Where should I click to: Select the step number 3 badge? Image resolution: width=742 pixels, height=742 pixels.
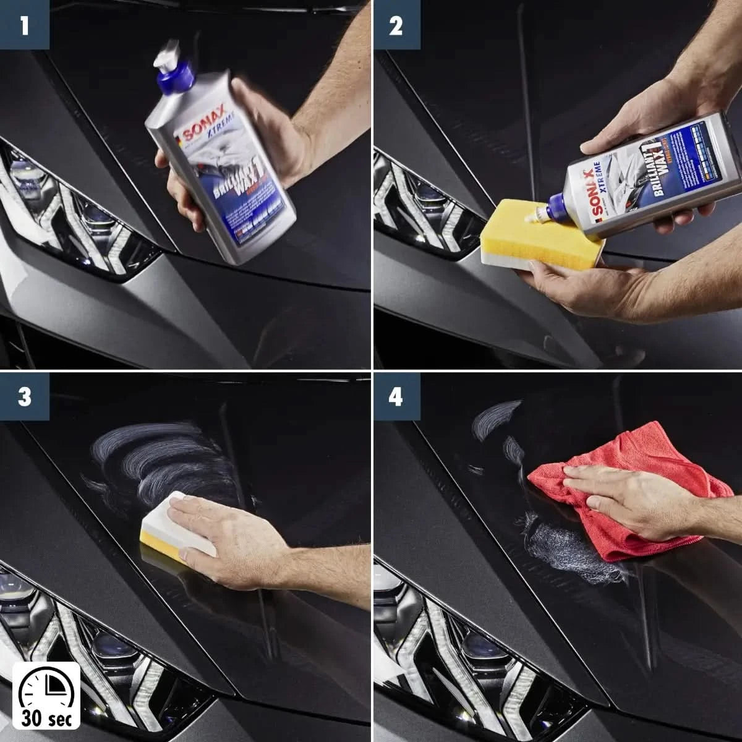point(24,396)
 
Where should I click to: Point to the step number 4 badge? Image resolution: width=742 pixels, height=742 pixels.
point(395,396)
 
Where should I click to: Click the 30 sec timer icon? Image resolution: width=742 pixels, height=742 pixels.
point(46,695)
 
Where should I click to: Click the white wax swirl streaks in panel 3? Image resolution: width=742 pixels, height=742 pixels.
point(167,461)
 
